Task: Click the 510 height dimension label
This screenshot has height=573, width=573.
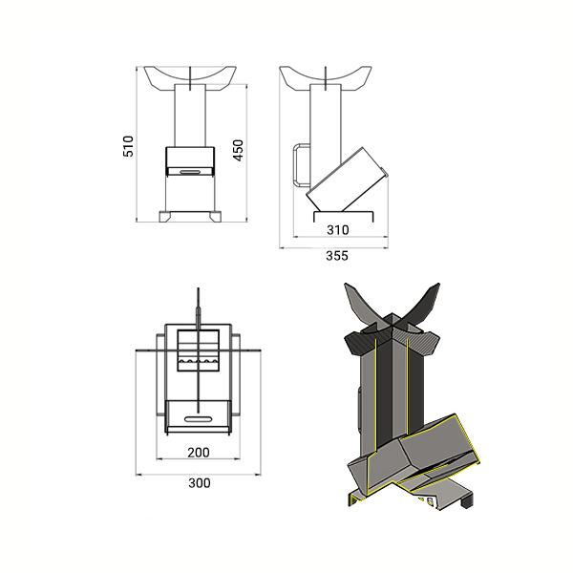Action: [128, 146]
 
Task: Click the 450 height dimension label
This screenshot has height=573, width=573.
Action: [238, 150]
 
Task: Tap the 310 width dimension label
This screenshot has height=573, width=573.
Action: [338, 230]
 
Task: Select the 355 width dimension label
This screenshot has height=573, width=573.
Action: [337, 256]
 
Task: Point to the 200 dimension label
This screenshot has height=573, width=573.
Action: [199, 453]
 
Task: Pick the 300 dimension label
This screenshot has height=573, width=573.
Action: [200, 483]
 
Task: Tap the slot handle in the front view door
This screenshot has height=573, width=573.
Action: [189, 171]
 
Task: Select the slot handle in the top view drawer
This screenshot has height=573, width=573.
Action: [198, 419]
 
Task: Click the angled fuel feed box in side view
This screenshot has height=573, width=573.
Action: [347, 180]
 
